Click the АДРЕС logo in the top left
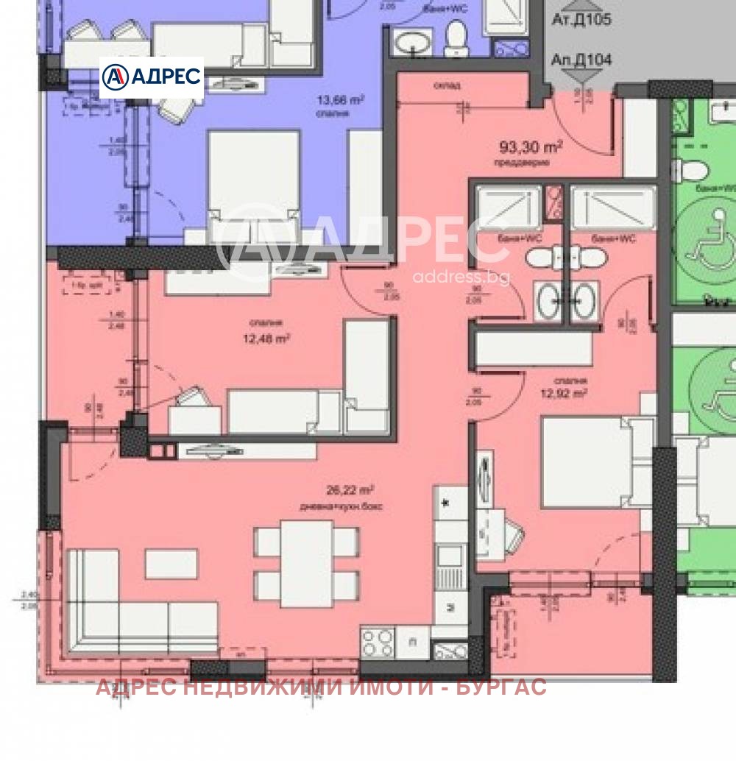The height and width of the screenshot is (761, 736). [151, 77]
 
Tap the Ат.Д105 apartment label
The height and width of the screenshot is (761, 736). [581, 20]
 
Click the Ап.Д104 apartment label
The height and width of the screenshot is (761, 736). [581, 60]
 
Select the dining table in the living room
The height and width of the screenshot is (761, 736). [306, 563]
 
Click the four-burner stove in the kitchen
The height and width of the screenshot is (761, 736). [377, 643]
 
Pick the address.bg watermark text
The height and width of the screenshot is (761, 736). [461, 277]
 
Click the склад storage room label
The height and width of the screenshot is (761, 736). [447, 85]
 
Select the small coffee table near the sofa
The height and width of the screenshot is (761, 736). [171, 564]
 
